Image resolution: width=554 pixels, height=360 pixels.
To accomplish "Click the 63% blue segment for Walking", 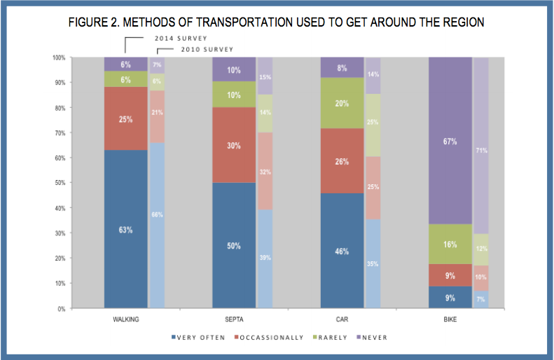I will coord(125,229).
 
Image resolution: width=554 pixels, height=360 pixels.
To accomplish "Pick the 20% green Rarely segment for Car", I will coord(342,103).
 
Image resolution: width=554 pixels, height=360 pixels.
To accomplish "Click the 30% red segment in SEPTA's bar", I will coord(233,145).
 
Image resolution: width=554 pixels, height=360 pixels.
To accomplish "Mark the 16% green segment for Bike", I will coord(450,244).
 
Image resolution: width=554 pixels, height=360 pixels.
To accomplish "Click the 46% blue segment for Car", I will coord(342,250).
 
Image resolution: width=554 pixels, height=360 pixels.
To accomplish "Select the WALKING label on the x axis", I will coord(125,319).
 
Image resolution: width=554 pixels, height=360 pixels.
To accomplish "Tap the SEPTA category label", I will coord(233,319).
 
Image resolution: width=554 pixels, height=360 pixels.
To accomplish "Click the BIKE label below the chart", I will coord(450,319).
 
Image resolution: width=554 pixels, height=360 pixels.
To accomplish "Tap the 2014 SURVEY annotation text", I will coord(181,37).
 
